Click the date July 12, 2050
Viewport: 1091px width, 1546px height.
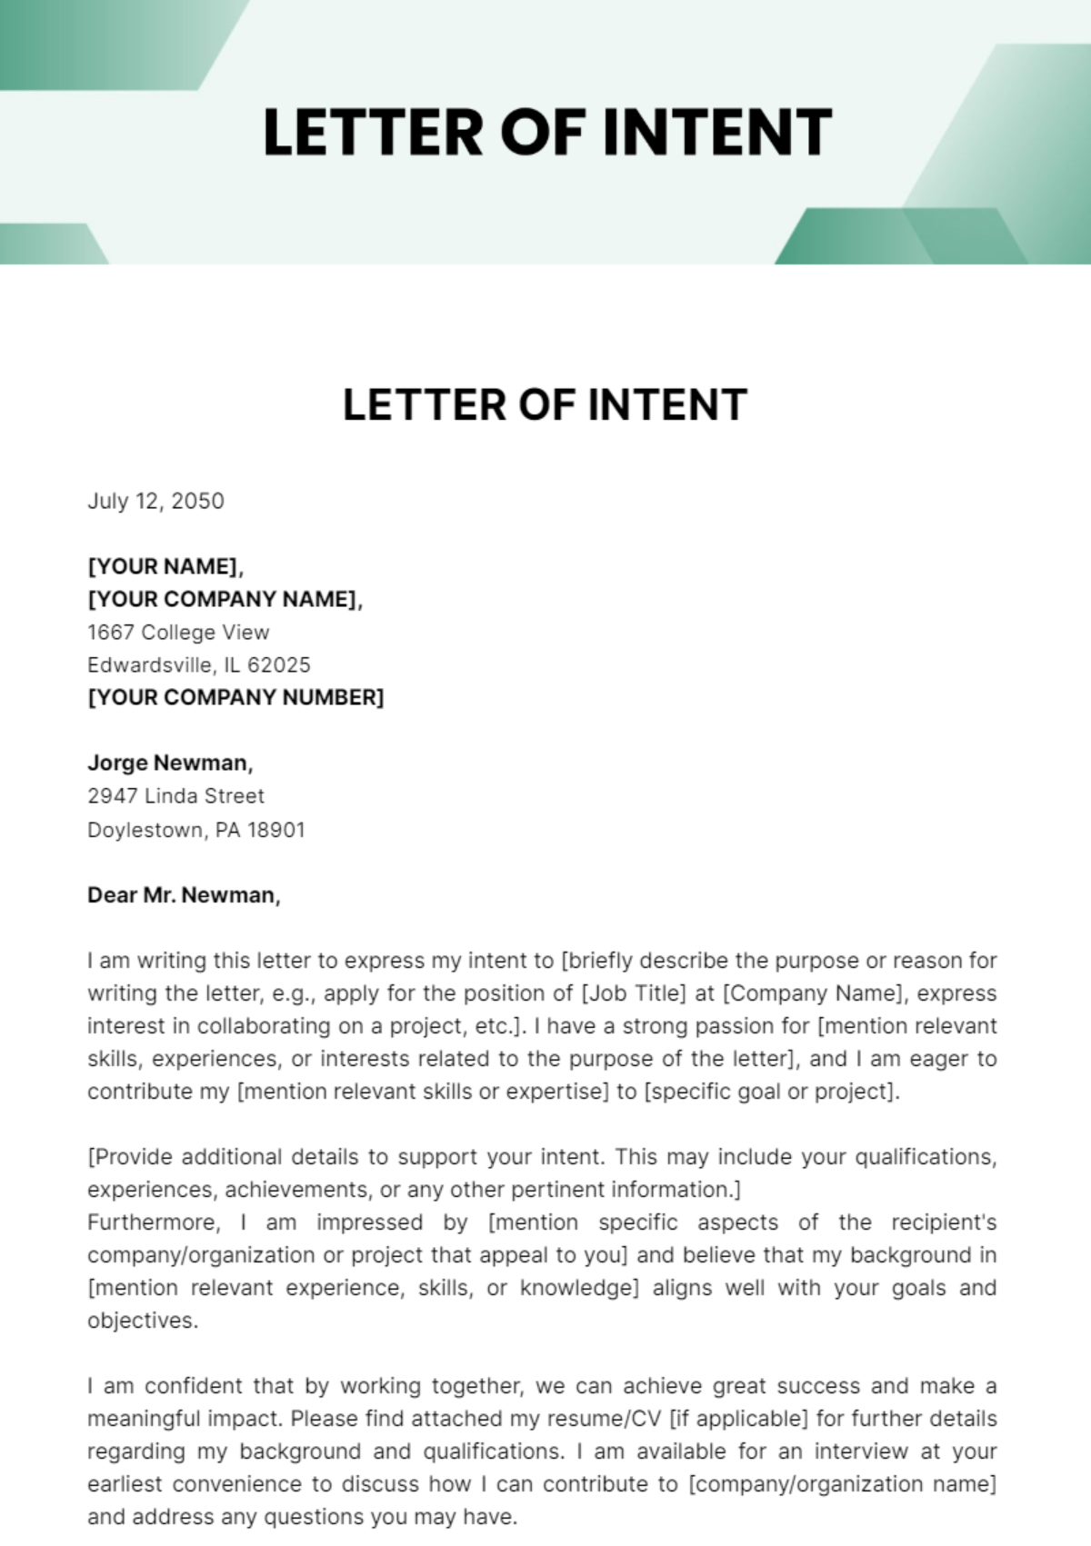coord(155,501)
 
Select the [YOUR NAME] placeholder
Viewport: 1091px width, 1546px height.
coord(165,566)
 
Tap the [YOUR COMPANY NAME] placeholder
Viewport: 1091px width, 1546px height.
coord(224,599)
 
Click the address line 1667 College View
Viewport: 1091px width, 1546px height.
coord(178,632)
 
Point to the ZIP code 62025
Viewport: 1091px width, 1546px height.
coord(279,664)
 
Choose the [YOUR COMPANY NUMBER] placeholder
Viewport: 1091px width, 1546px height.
coord(235,697)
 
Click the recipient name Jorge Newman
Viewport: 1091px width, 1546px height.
coord(169,763)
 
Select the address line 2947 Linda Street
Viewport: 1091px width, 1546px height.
coord(175,795)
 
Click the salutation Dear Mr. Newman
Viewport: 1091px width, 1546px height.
coord(183,895)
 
